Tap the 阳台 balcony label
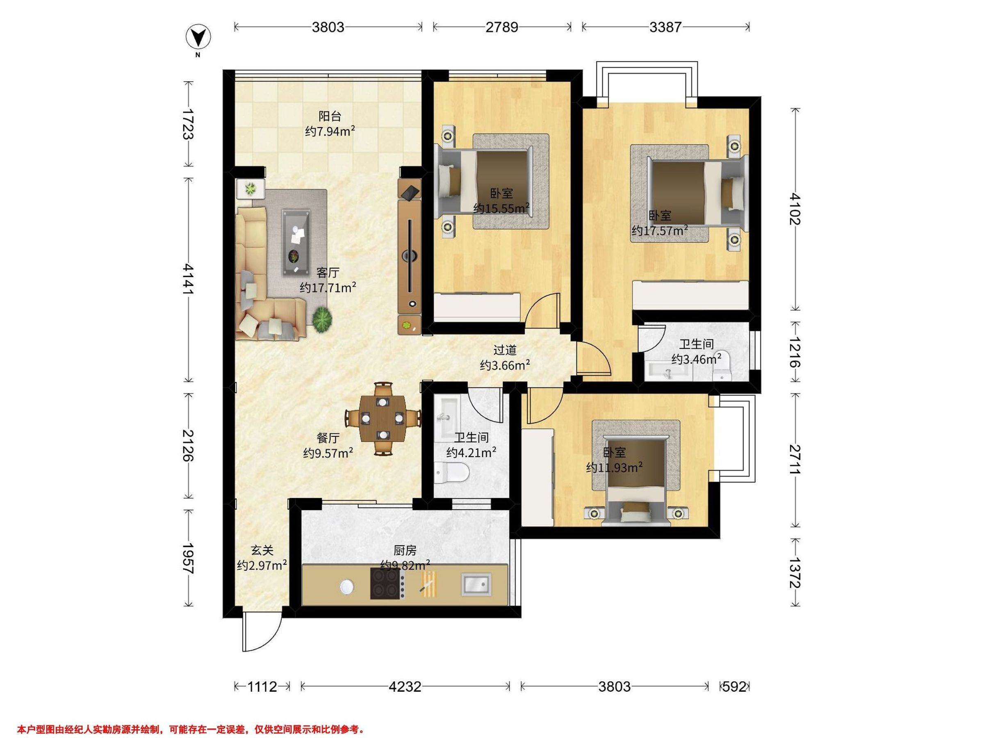330,116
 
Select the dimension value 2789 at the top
502,27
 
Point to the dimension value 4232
405,687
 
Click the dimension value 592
734,687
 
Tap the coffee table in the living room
296,243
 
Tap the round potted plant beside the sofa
322,319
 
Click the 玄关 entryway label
262,550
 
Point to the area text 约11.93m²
614,467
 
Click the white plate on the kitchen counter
347,587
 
